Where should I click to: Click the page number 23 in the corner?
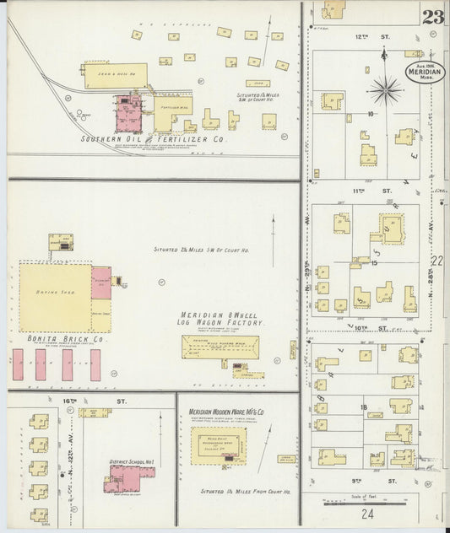[433, 17]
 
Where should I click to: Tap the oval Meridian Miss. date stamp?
[424, 70]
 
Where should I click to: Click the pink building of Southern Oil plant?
[128, 114]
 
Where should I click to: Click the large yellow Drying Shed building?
[56, 297]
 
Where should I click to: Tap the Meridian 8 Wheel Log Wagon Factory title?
[225, 317]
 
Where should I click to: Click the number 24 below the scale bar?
[366, 514]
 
